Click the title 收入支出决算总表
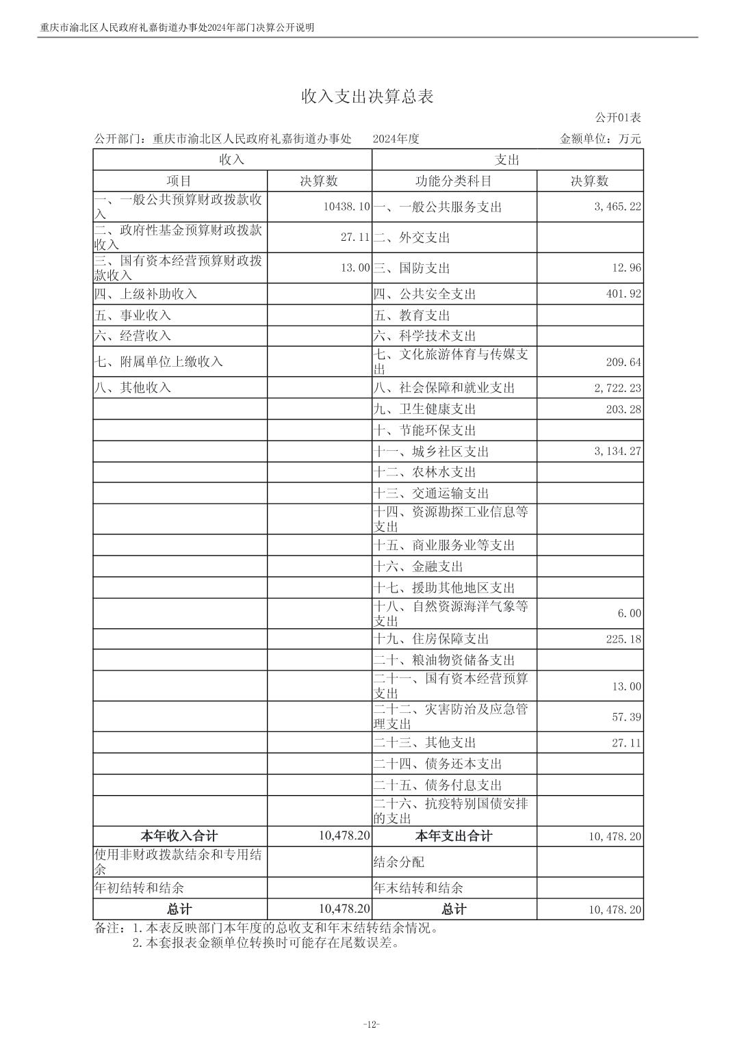click(367, 96)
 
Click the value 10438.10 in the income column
click(346, 207)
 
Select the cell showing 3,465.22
click(617, 207)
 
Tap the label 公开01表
click(618, 118)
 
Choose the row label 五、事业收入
click(133, 315)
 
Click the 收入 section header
click(232, 159)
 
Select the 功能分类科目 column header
click(454, 181)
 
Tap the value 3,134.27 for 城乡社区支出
click(617, 452)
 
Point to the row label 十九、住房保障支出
click(431, 639)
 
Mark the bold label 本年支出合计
click(454, 836)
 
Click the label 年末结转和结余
click(418, 888)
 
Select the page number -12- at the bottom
click(370, 1024)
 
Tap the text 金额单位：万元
click(600, 139)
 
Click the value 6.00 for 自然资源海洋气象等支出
click(629, 614)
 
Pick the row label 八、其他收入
click(133, 387)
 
